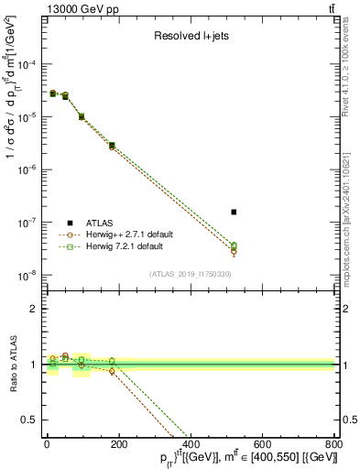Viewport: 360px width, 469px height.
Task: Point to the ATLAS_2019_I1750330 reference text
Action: click(190, 274)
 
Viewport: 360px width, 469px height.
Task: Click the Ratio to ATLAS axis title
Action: click(11, 365)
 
